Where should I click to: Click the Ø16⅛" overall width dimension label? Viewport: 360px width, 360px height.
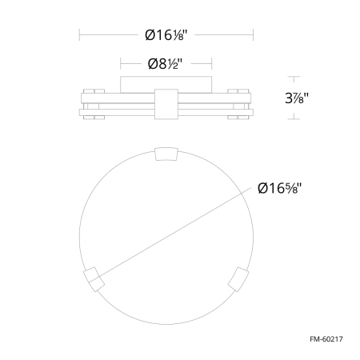coord(166,36)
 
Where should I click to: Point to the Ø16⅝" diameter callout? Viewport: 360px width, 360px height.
coord(284,189)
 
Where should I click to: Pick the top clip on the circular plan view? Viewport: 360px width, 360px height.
coord(166,154)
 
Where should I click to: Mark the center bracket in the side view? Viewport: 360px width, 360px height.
coord(166,103)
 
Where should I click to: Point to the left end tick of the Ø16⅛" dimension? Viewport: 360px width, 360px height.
coord(79,36)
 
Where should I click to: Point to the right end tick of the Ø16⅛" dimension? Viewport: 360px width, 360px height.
coord(254,36)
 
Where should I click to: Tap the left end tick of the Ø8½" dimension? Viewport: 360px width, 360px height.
coord(120,63)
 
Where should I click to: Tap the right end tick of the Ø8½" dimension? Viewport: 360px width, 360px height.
coord(212,63)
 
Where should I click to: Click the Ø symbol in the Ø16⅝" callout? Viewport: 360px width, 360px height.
coord(265,189)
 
